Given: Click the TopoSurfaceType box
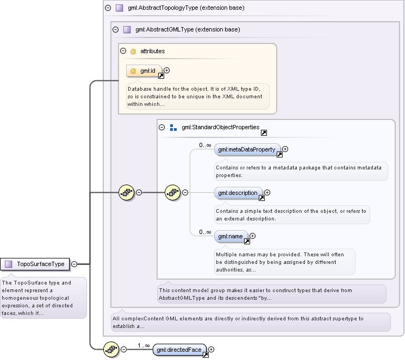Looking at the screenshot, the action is [35, 264].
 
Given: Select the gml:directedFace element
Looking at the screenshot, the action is [179, 350].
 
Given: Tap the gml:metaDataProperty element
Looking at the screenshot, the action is [247, 150].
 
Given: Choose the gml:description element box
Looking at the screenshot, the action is [238, 193].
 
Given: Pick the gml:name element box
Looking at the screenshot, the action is [230, 236].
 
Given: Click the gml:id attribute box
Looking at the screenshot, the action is [144, 71].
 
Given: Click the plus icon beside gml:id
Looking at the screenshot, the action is [167, 70].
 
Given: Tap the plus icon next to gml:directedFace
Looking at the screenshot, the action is [211, 349].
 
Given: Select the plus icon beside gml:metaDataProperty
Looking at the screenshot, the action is [285, 149].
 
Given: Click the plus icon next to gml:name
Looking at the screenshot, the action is [253, 236].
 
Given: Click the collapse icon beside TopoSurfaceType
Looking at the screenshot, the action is [74, 264].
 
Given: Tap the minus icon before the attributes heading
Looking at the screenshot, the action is [123, 51].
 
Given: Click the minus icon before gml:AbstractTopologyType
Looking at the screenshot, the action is [108, 8].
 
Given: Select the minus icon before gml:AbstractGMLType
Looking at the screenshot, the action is [115, 29].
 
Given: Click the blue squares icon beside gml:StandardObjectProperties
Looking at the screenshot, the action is [173, 128].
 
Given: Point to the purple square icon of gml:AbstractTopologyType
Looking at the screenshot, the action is [120, 8].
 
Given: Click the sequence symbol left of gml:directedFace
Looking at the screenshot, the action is [111, 350].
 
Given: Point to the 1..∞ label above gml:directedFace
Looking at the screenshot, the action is [144, 345].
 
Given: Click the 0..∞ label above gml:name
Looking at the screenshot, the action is [205, 232].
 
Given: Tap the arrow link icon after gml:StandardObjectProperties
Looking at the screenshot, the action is [264, 132].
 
